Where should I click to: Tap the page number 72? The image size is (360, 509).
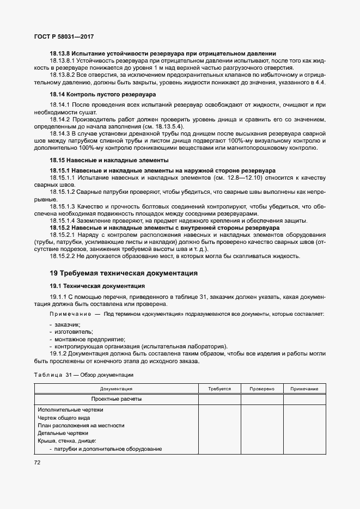click(x=38, y=462)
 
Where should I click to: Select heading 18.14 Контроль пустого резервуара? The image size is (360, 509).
click(x=95, y=94)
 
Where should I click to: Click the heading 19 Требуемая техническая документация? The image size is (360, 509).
click(x=123, y=273)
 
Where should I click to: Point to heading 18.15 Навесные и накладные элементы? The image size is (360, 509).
click(x=109, y=160)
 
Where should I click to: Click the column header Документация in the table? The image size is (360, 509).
click(x=116, y=389)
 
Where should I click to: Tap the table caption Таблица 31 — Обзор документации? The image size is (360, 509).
click(x=83, y=375)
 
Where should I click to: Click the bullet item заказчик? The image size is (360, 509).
click(x=65, y=324)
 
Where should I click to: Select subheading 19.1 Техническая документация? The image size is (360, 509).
click(x=97, y=285)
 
